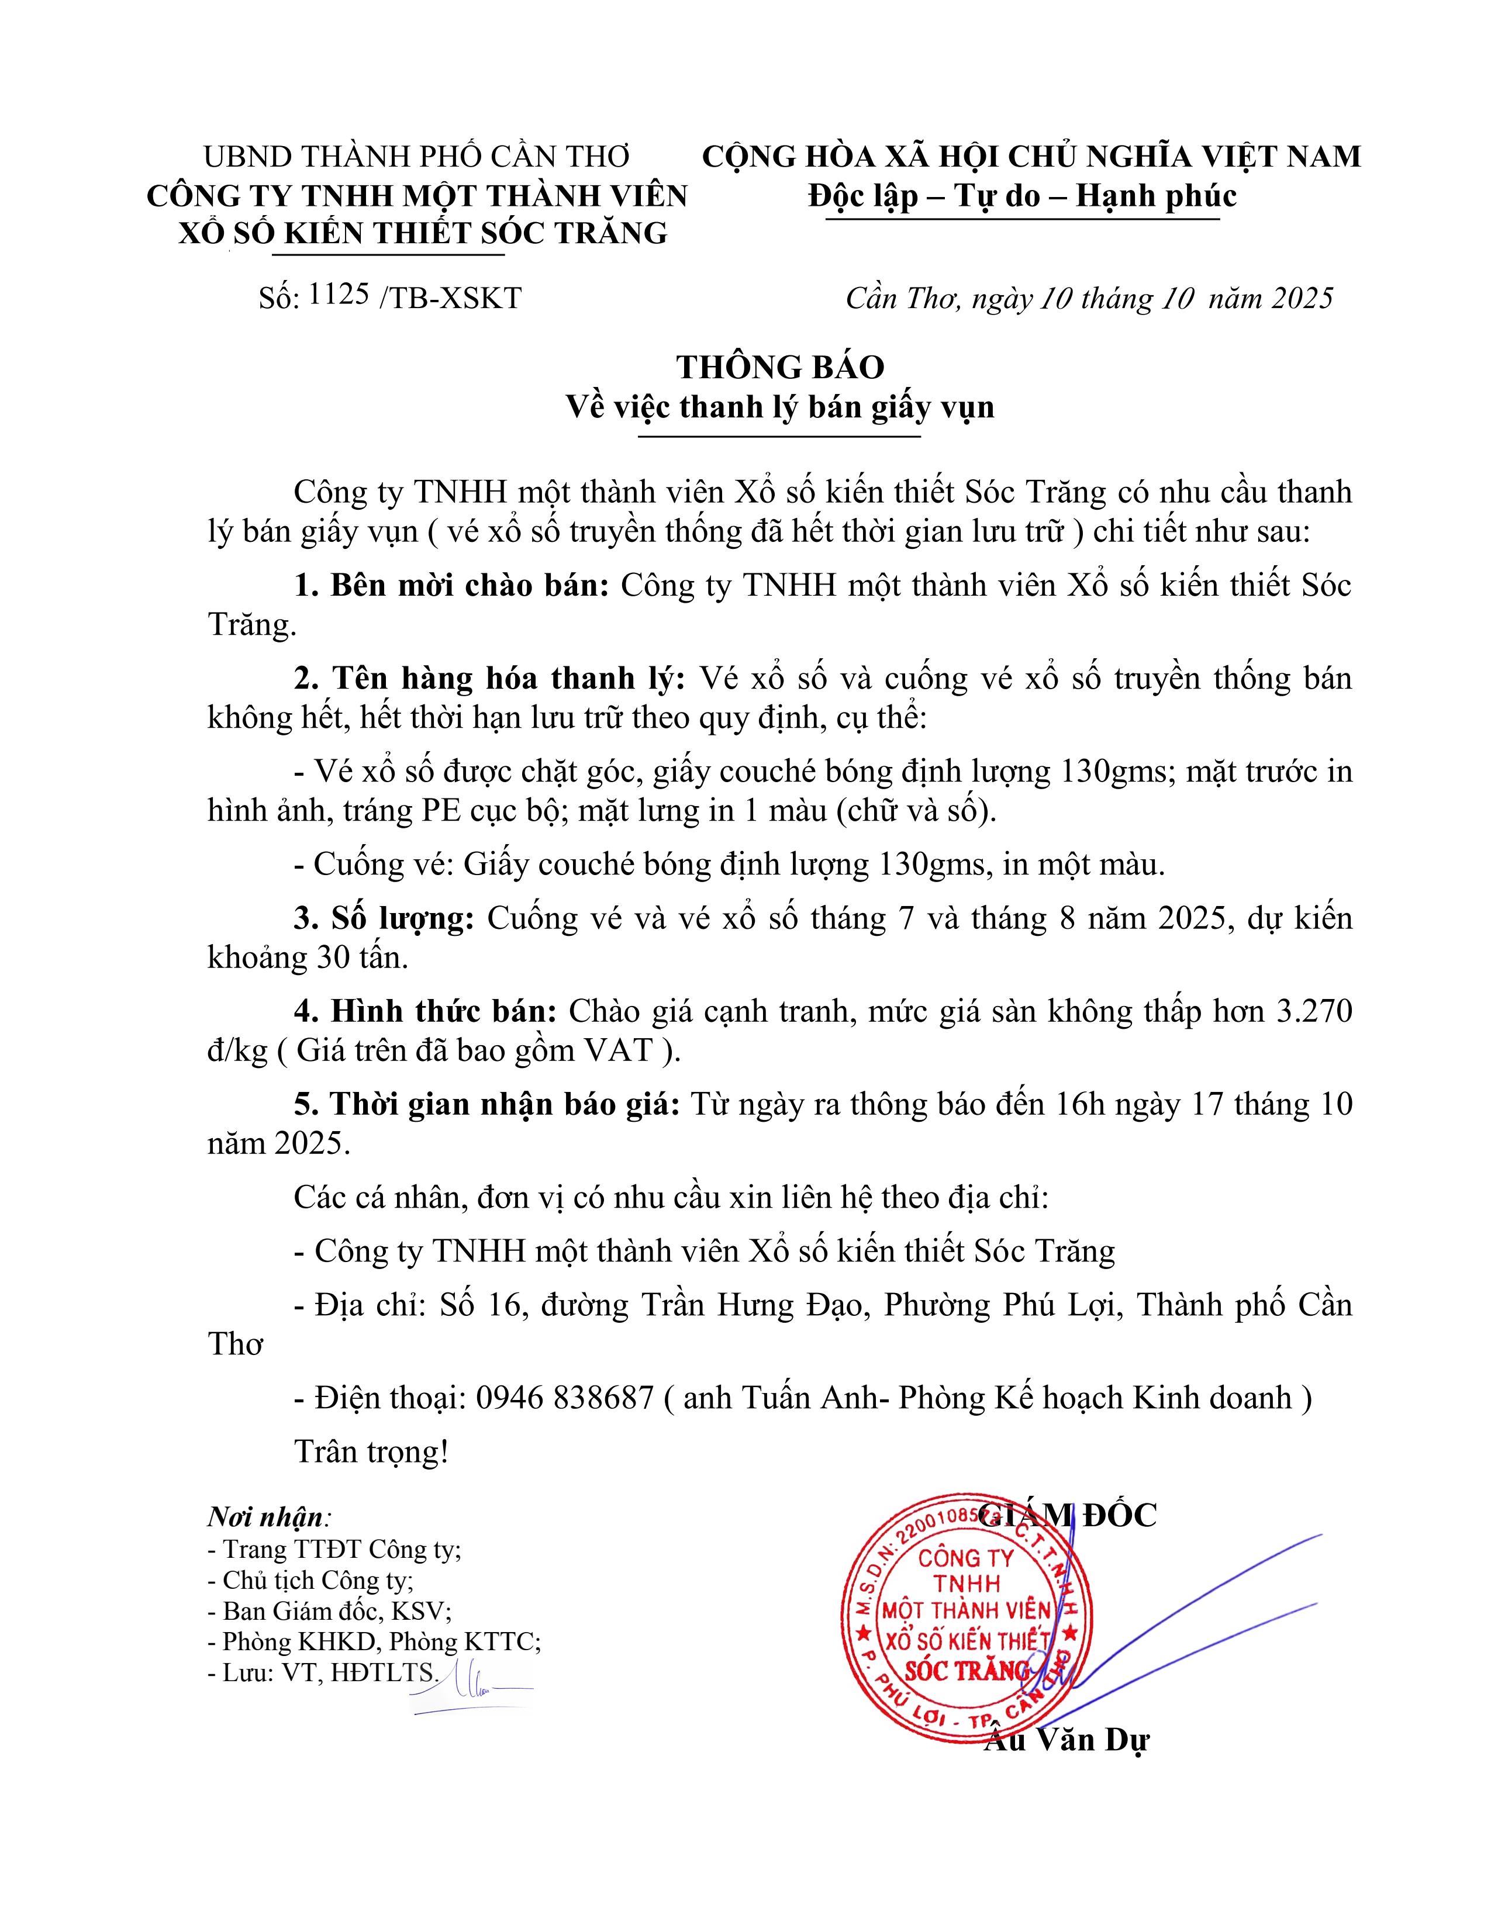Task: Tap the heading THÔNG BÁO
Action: (780, 367)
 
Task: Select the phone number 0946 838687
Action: (564, 1397)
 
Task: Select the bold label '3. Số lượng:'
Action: (384, 918)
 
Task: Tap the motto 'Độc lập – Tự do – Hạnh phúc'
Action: (1022, 195)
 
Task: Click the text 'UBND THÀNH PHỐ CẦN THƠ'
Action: (416, 156)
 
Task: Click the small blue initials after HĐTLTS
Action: (468, 1687)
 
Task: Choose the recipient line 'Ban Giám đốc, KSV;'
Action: (329, 1610)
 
